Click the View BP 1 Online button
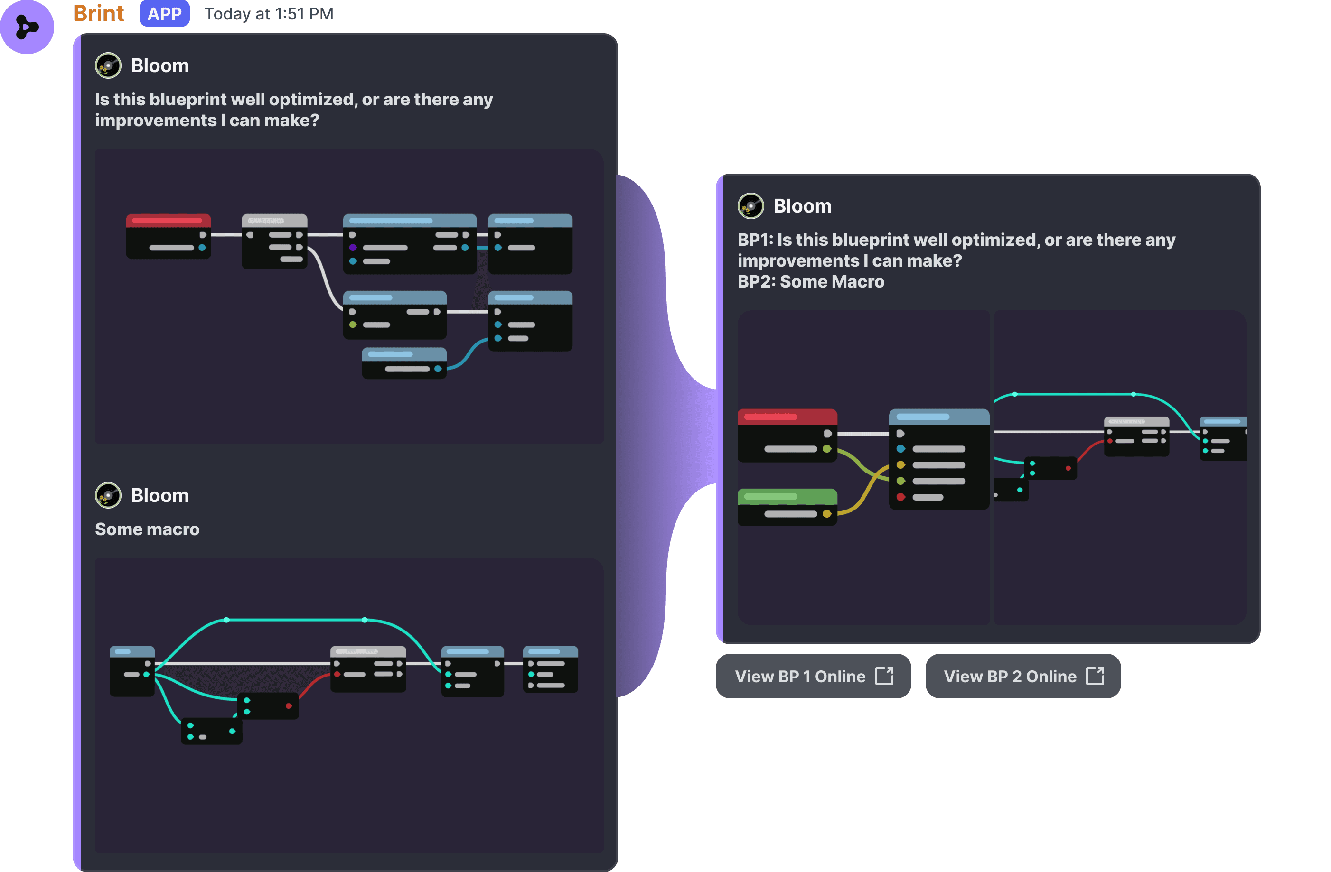[813, 677]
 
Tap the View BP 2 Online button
[1022, 677]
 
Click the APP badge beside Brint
[164, 13]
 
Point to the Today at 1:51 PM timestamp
[269, 14]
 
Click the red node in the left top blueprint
[169, 236]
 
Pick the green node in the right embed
[787, 506]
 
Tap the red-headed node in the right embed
[787, 435]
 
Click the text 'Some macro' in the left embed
[147, 529]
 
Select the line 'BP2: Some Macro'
[810, 281]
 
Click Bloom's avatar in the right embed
[750, 206]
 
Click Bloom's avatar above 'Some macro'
[108, 495]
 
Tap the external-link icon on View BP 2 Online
[1095, 676]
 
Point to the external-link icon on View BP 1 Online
[884, 676]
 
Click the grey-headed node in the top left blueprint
[274, 241]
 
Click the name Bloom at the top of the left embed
[160, 65]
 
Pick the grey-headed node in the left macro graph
[368, 669]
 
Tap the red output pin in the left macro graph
[289, 706]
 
